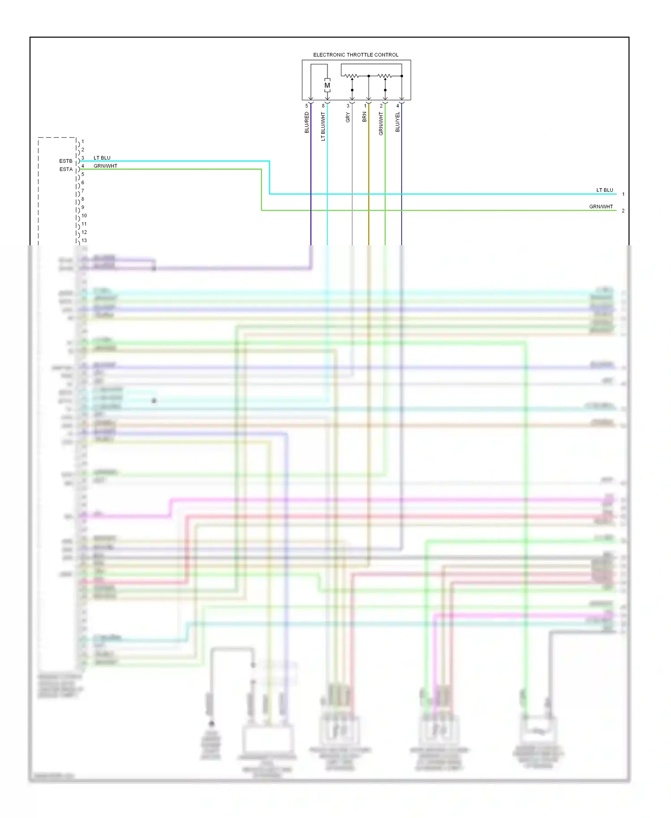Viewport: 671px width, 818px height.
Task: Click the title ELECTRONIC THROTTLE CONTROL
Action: (356, 55)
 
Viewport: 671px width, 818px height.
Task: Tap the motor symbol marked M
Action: (327, 85)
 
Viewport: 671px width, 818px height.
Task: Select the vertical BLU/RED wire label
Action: (307, 123)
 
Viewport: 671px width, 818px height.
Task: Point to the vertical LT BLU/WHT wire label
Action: (323, 127)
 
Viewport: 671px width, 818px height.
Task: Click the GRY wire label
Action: (348, 118)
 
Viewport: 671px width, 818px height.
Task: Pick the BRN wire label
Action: (365, 117)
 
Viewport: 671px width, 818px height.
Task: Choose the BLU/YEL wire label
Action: (398, 122)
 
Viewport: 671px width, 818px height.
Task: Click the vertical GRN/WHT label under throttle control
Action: (381, 124)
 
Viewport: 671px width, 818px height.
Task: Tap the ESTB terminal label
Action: (66, 161)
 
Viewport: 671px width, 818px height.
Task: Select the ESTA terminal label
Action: (66, 170)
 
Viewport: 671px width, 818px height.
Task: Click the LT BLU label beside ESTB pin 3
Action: (102, 158)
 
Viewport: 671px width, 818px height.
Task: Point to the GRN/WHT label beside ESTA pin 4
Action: (106, 166)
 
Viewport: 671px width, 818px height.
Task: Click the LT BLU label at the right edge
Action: (605, 190)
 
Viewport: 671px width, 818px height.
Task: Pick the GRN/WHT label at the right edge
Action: (601, 207)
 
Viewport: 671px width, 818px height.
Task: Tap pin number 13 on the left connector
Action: (84, 241)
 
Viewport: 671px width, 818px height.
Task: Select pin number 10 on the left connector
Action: (84, 216)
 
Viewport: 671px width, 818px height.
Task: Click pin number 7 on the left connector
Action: (83, 191)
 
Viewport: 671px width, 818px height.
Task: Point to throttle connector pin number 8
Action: (323, 106)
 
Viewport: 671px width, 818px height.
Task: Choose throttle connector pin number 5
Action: (306, 106)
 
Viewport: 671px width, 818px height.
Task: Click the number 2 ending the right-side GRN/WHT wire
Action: (623, 211)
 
